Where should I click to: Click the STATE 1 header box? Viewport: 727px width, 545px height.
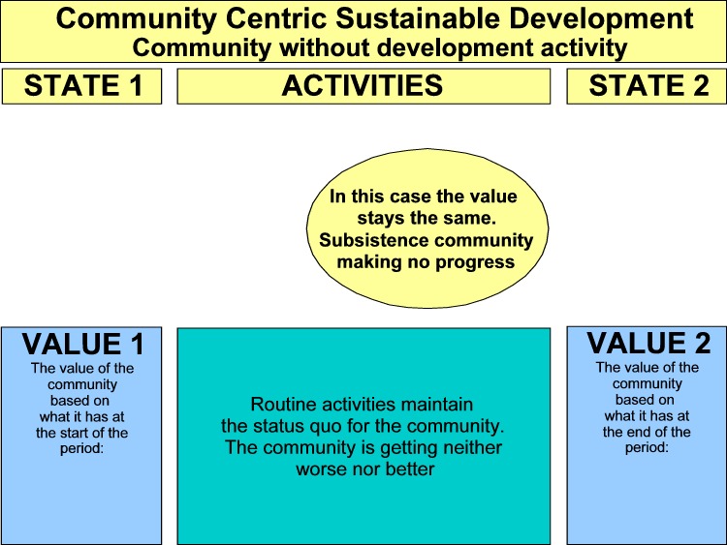(x=82, y=86)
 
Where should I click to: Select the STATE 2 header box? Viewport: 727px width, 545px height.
(x=647, y=86)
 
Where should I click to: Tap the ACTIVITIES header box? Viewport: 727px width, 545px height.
(x=363, y=86)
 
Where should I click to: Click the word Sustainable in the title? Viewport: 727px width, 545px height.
(x=418, y=18)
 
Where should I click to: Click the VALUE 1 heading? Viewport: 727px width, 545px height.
(x=83, y=344)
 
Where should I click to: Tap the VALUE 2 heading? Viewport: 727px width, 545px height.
(x=648, y=343)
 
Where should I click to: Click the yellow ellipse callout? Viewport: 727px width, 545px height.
(x=427, y=228)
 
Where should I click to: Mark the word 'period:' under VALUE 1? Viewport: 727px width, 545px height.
(x=81, y=449)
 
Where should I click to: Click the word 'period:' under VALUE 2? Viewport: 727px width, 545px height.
(x=647, y=448)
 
